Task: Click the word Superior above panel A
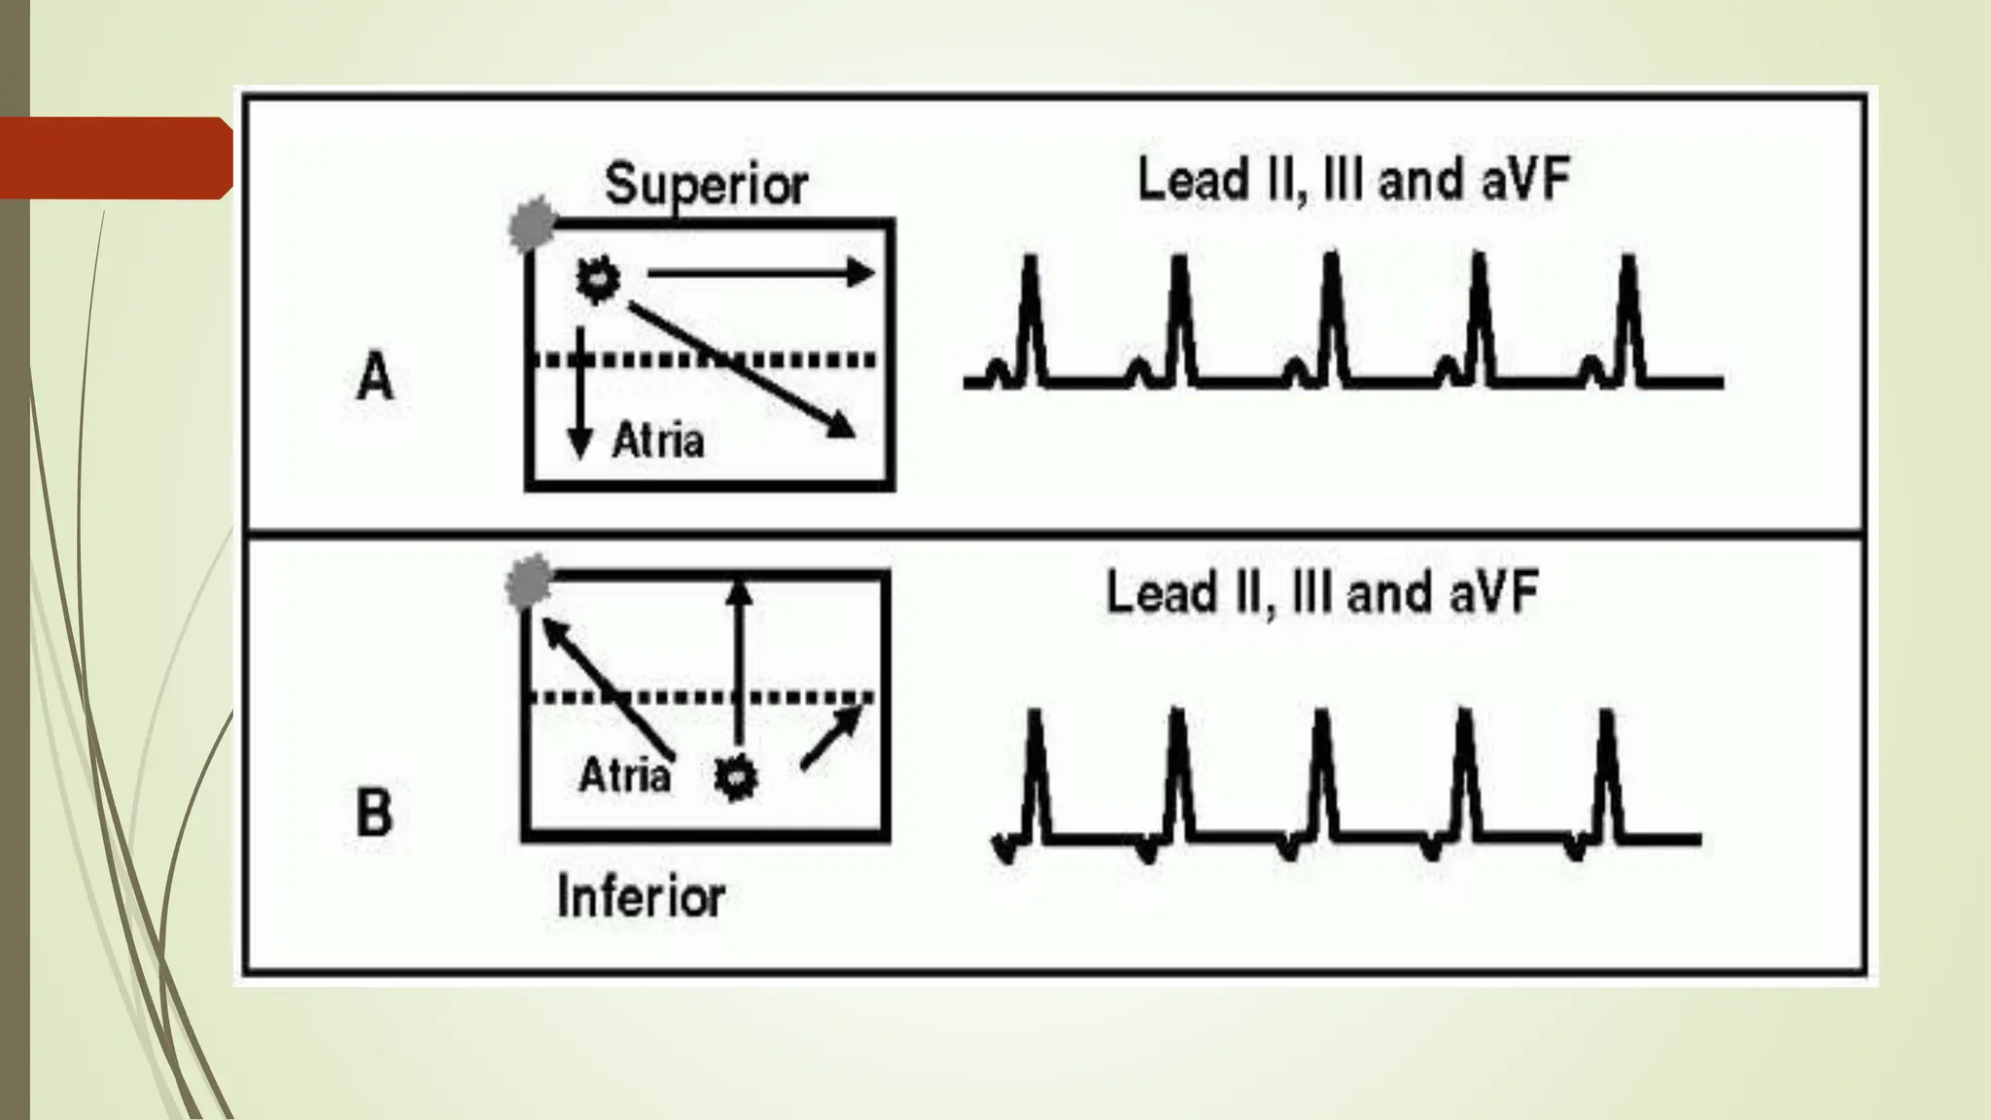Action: tap(706, 184)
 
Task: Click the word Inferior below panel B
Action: tap(641, 897)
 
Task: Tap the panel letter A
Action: tap(375, 377)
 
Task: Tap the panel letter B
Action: tap(374, 813)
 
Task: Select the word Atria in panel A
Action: tap(658, 441)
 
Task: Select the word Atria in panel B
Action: tap(624, 776)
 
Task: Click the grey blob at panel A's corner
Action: tap(532, 225)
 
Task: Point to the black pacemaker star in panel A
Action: tap(597, 280)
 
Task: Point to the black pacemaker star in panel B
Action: tap(735, 778)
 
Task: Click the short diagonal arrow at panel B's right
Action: tap(831, 739)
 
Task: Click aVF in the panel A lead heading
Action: tap(1525, 181)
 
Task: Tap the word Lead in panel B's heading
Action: tap(1162, 593)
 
